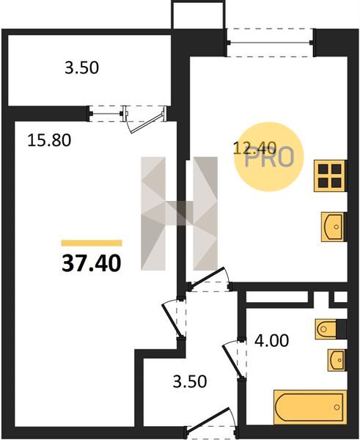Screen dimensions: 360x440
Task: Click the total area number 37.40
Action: click(x=92, y=263)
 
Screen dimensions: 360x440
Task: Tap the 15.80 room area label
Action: click(x=49, y=140)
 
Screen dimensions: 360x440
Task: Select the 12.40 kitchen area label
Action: click(x=254, y=147)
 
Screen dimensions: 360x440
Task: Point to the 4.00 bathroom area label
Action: click(x=271, y=340)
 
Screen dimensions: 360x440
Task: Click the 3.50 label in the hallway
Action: click(x=190, y=381)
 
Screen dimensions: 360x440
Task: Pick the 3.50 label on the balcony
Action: click(x=81, y=68)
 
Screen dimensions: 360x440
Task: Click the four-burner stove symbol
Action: click(x=330, y=176)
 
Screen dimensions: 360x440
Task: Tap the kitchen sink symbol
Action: click(x=333, y=227)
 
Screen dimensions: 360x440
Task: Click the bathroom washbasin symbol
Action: click(x=337, y=360)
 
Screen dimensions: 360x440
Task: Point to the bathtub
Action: click(x=310, y=406)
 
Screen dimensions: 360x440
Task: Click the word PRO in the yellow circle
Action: click(x=269, y=158)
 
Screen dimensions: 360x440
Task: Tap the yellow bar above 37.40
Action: click(x=92, y=243)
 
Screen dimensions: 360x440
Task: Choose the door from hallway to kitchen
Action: click(x=209, y=279)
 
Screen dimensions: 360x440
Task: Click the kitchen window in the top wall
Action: click(x=270, y=43)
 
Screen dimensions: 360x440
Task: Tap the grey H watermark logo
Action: click(x=179, y=213)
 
